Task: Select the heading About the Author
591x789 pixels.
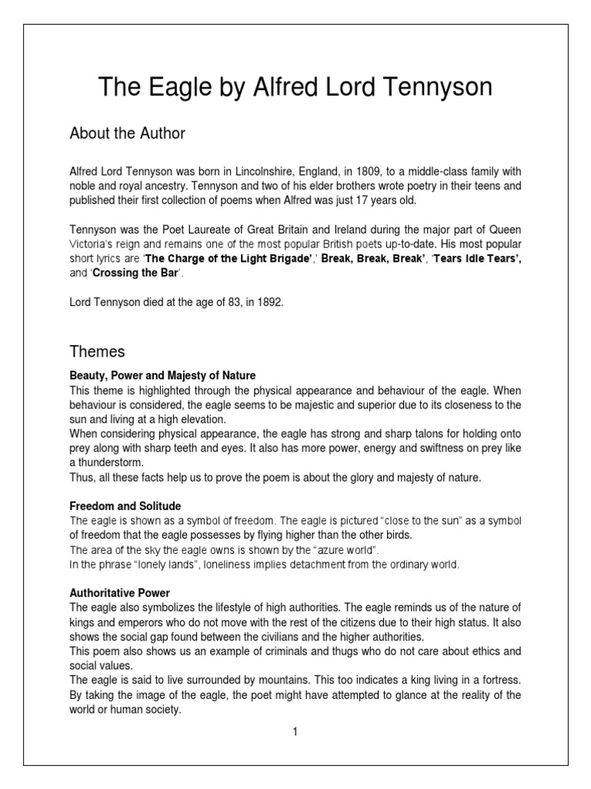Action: coord(128,134)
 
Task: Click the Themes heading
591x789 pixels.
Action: coord(97,351)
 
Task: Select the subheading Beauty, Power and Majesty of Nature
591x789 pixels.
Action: coord(162,376)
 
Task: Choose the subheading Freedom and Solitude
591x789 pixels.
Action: coord(125,506)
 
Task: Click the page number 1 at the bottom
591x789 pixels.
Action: coord(295,732)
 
